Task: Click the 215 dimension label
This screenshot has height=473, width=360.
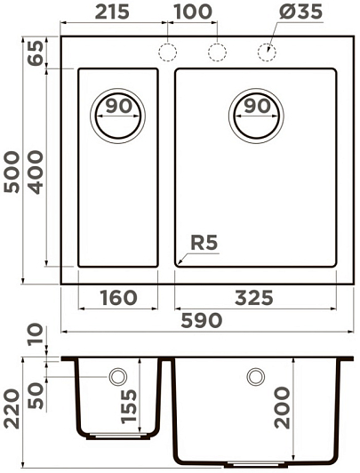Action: pos(112,12)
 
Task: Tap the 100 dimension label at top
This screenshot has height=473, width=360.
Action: pos(193,12)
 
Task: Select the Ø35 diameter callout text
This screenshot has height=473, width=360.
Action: pos(301,12)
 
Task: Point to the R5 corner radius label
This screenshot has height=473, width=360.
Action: pos(204,243)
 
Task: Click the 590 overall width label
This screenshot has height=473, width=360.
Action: pos(202,320)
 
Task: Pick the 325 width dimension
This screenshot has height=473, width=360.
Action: pos(254,298)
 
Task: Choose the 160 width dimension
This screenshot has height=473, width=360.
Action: pos(118,298)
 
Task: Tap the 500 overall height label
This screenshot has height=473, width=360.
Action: pos(12,172)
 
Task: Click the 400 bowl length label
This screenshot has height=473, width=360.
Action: pos(36,172)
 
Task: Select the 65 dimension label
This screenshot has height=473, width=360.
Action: pos(36,53)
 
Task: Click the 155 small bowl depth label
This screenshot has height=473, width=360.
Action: pos(129,406)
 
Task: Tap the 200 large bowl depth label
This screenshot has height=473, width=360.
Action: pos(282,408)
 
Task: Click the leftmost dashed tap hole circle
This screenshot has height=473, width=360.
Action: pos(167,52)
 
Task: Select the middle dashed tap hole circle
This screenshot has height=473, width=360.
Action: pos(217,52)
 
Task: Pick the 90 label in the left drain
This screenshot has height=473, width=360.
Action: pos(119,106)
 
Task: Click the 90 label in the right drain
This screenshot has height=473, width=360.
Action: pos(257,106)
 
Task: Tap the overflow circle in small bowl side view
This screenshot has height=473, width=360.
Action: pos(118,376)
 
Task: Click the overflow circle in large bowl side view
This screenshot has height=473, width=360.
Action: pos(256,376)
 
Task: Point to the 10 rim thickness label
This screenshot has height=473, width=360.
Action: pos(36,334)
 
